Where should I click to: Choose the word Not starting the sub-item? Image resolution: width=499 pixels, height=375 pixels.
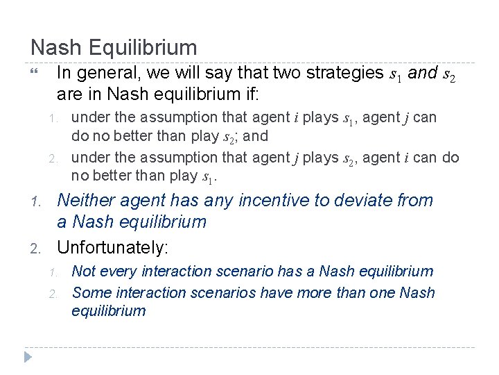[x=84, y=271]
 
